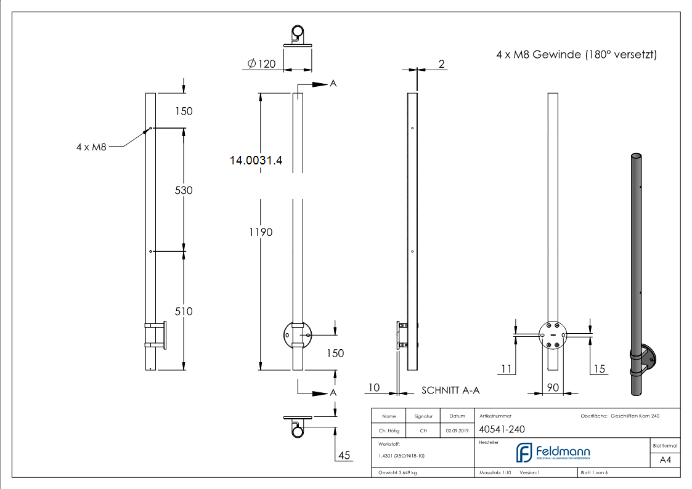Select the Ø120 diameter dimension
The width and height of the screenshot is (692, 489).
261,64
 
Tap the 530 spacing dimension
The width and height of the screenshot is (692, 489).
184,190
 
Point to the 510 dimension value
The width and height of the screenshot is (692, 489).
184,312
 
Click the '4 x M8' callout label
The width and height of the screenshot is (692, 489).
91,147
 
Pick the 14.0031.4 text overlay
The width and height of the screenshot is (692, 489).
256,161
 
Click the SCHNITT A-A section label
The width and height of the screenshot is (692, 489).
450,390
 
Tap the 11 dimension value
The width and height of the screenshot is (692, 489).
506,369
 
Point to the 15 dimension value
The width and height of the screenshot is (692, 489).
599,369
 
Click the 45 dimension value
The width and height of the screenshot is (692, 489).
344,455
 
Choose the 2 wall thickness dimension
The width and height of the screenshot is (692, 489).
441,63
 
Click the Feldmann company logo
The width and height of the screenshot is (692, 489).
553,453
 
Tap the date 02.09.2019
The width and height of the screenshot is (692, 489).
457,431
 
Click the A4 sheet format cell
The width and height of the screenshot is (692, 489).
665,460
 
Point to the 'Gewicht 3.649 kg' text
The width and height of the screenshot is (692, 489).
398,473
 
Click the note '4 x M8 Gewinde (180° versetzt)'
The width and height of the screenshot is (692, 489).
576,55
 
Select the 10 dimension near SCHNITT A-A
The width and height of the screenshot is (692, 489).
374,387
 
